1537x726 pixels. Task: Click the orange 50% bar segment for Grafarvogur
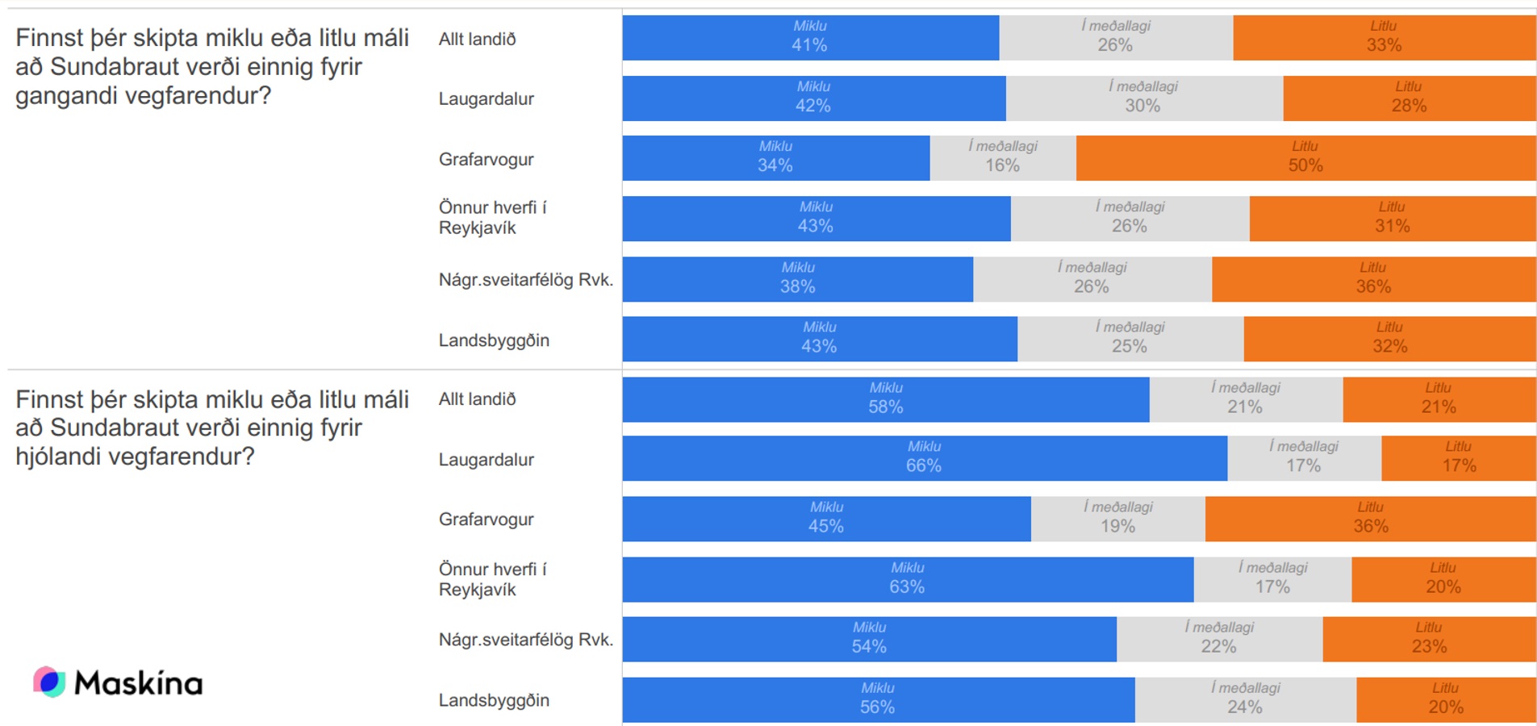click(x=1305, y=158)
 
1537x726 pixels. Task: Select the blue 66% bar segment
click(x=924, y=458)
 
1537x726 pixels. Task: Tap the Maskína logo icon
click(x=49, y=682)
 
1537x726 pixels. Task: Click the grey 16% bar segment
click(x=1002, y=158)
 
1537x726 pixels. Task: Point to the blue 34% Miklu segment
click(x=775, y=158)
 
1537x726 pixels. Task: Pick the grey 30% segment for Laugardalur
click(x=1143, y=98)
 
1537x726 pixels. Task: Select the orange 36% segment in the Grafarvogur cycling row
click(x=1370, y=519)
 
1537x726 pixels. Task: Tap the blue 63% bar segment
click(x=907, y=579)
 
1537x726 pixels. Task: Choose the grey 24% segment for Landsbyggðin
click(x=1245, y=699)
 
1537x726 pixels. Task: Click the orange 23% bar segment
click(x=1429, y=639)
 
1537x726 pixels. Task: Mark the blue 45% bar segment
click(x=826, y=519)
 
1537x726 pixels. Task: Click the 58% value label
click(x=885, y=407)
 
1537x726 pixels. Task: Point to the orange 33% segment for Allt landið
click(x=1384, y=38)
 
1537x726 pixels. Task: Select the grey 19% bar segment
click(x=1117, y=519)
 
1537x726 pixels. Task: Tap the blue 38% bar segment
click(x=797, y=279)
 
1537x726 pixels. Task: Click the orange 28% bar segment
click(x=1409, y=98)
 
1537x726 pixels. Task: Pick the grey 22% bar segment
click(x=1219, y=639)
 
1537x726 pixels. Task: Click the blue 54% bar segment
click(x=869, y=639)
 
